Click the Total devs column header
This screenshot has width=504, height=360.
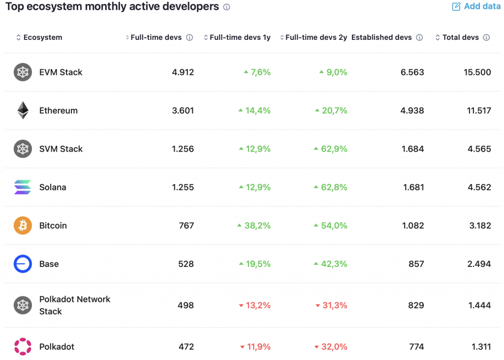460,37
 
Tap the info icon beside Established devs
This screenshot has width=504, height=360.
419,37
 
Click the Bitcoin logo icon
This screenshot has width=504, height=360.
23,226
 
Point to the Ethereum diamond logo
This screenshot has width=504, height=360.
23,110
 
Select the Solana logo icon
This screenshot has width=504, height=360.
23,187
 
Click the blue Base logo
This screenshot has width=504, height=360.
23,264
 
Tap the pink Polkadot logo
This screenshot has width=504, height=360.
23,347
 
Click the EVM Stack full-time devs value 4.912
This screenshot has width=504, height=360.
183,72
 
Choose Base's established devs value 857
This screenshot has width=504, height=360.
416,264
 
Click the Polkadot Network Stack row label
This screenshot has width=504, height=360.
75,305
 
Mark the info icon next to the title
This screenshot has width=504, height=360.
226,7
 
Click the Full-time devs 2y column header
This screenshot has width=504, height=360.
316,37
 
